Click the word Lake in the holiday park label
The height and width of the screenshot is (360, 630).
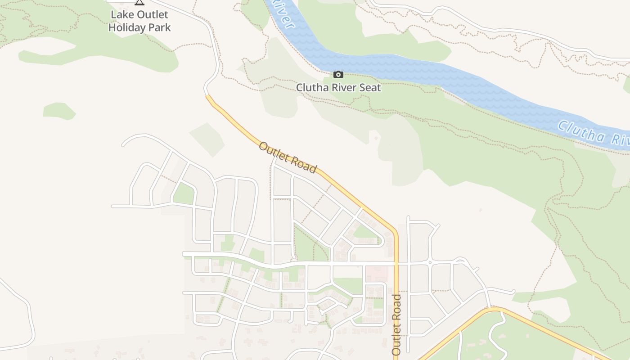(121, 15)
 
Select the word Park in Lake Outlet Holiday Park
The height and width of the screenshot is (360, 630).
(160, 27)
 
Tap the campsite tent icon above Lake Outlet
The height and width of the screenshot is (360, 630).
(139, 2)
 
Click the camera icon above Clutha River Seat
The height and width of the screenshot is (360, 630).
(338, 75)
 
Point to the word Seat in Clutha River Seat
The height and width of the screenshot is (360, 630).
(369, 88)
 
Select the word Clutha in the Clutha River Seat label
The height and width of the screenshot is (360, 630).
(310, 88)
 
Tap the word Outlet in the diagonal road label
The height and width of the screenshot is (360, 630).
(273, 152)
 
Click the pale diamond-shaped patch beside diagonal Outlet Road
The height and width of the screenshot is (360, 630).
(207, 139)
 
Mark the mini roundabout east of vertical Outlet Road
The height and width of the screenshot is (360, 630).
(430, 262)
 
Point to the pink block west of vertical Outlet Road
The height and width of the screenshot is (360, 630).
(377, 274)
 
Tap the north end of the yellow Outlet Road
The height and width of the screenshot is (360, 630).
(207, 96)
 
